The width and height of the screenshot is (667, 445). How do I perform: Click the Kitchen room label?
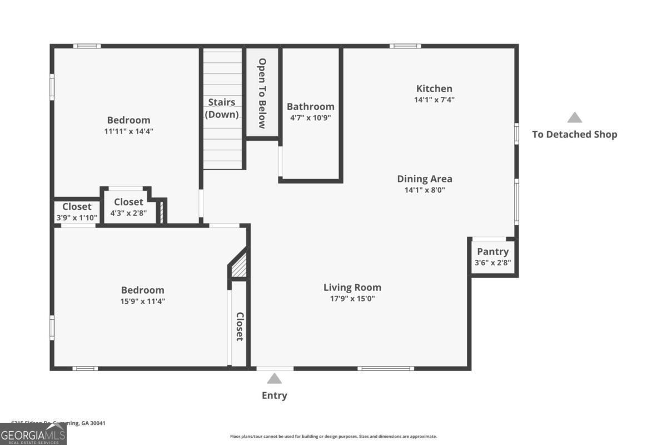tap(434, 88)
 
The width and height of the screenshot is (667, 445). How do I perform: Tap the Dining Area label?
tap(424, 179)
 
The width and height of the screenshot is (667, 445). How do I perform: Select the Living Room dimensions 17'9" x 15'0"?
tap(352, 299)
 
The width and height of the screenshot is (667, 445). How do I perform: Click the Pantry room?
tap(492, 256)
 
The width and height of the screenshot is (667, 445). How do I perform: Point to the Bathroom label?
tap(310, 106)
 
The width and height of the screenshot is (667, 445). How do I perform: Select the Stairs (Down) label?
tap(222, 108)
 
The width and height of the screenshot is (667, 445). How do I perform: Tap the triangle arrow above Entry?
tap(274, 379)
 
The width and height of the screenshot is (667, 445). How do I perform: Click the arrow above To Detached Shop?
tap(574, 118)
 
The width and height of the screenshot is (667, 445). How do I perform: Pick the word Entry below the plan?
tap(274, 395)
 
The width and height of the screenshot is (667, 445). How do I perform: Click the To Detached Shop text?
tap(574, 134)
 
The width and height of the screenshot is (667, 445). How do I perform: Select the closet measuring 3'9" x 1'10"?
tap(77, 212)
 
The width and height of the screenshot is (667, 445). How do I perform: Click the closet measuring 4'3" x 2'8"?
tap(128, 207)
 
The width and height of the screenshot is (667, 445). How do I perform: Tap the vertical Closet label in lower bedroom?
tap(240, 327)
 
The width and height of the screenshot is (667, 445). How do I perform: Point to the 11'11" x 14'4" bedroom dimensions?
tap(128, 131)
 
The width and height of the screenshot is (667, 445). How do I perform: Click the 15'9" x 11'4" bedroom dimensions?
tap(143, 301)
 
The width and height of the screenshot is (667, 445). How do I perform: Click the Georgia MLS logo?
tap(33, 434)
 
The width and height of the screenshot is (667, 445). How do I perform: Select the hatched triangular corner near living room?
tap(240, 266)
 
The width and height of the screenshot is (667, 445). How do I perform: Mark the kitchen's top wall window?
tap(405, 46)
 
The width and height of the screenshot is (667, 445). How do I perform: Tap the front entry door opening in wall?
tap(275, 368)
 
